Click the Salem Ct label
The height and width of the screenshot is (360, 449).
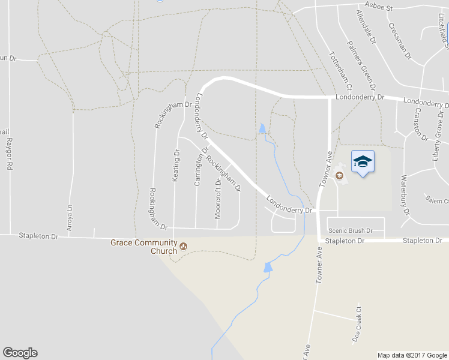point(436,201)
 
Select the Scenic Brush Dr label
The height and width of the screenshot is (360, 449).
point(351,230)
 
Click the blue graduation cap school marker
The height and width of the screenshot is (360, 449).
point(363,161)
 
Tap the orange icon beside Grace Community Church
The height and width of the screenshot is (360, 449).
point(184,246)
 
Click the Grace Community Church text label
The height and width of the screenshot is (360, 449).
point(143,247)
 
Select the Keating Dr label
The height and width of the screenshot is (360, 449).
point(176,166)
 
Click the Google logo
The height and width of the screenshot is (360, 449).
point(20,353)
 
